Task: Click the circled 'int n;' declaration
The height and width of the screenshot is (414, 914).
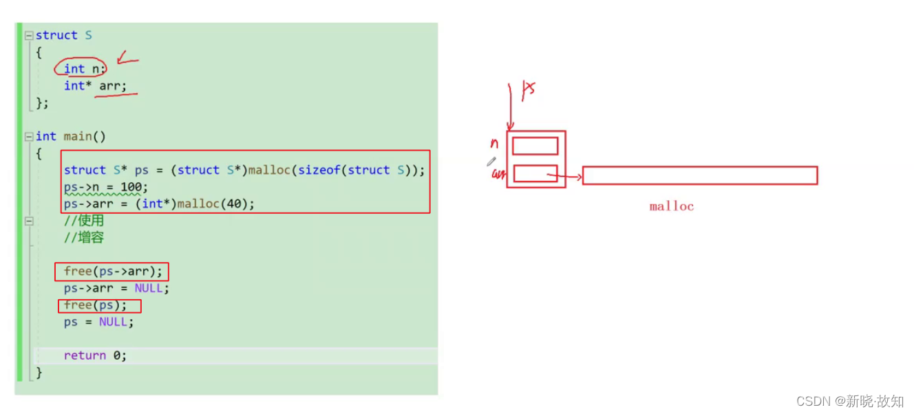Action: point(82,68)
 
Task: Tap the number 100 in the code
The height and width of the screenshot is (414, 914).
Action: point(137,187)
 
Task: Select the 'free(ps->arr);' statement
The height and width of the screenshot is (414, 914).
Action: point(113,271)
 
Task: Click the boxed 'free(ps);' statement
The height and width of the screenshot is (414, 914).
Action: point(96,305)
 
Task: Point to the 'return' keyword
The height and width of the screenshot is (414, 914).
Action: point(85,356)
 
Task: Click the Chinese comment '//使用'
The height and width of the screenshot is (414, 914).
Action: point(83,221)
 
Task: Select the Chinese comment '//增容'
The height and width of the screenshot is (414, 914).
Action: point(83,238)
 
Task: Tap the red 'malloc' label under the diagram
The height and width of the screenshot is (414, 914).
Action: point(671,206)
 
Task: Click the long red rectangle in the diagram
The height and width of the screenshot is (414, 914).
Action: point(700,175)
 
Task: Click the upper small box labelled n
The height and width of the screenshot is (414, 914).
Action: point(535,146)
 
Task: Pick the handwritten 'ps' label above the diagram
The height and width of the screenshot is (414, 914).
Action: point(528,89)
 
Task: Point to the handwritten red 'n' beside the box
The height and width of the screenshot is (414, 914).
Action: point(494,144)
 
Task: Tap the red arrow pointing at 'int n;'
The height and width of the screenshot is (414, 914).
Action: point(127,59)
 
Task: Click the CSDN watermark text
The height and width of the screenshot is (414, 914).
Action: point(849,401)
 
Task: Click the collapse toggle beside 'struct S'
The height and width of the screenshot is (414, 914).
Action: point(29,35)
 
